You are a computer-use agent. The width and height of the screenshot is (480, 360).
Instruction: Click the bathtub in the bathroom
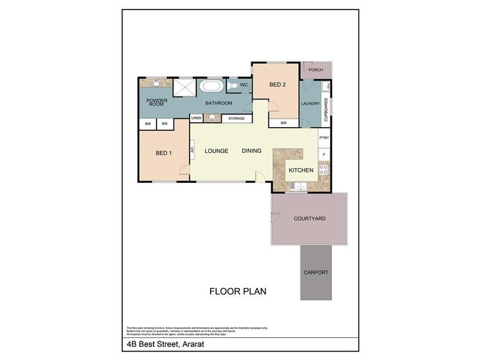(x=211, y=86)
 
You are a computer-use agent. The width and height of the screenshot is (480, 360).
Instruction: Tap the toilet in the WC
(x=232, y=86)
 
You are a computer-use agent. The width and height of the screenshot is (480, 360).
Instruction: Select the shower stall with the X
(x=184, y=87)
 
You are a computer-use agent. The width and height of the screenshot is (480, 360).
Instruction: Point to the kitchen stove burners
(x=323, y=169)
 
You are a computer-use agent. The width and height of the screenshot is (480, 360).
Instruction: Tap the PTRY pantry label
(x=324, y=138)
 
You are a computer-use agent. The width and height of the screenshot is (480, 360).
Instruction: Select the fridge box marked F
(x=324, y=155)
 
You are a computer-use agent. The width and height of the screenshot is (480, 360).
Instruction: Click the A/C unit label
(x=193, y=149)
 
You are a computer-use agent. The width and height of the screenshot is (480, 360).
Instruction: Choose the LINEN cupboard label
(x=197, y=119)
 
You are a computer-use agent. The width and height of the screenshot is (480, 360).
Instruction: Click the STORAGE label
(x=236, y=119)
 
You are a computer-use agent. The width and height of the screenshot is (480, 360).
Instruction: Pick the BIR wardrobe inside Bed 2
(x=284, y=123)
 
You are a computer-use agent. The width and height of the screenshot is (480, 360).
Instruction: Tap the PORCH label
(x=316, y=70)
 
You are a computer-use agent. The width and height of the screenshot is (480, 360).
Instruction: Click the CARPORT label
(x=316, y=272)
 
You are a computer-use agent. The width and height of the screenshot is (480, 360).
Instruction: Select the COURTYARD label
(x=309, y=218)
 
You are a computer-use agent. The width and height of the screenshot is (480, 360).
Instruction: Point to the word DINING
(x=251, y=151)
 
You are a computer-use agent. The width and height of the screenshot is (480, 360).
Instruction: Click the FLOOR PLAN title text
(x=238, y=292)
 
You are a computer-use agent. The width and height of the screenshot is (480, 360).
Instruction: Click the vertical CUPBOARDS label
(x=326, y=110)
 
